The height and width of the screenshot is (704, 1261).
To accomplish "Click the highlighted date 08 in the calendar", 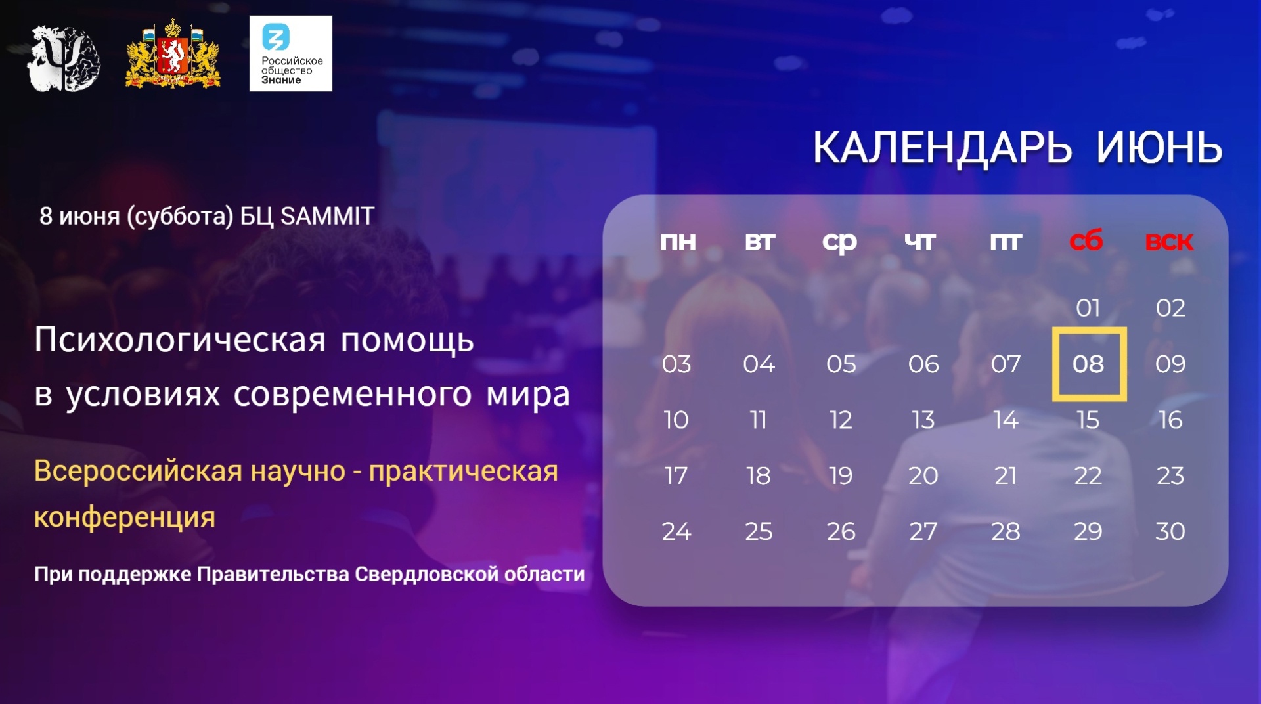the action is (1088, 364).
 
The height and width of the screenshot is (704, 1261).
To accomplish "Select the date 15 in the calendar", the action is (1088, 420).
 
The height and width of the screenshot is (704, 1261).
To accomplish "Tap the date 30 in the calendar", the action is (1170, 531).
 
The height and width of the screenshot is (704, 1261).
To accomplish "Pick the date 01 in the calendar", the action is (1088, 308).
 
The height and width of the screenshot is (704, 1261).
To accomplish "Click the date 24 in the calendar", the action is (676, 531).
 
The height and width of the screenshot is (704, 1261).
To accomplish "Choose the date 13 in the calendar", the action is (923, 420).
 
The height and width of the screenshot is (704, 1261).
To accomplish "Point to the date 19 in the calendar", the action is (841, 475).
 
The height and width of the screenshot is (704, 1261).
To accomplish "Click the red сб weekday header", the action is (1086, 241).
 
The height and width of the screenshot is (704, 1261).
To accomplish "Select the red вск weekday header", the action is (1169, 242).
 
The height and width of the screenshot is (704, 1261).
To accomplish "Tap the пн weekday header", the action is (678, 242).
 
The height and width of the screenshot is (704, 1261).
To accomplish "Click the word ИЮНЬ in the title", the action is (1159, 148).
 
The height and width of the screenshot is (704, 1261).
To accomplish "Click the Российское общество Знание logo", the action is (291, 53).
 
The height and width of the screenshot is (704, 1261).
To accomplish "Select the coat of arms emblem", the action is (173, 54).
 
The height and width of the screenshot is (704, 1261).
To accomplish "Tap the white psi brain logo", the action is (64, 58).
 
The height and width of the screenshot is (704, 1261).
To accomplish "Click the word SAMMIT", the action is (327, 216).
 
